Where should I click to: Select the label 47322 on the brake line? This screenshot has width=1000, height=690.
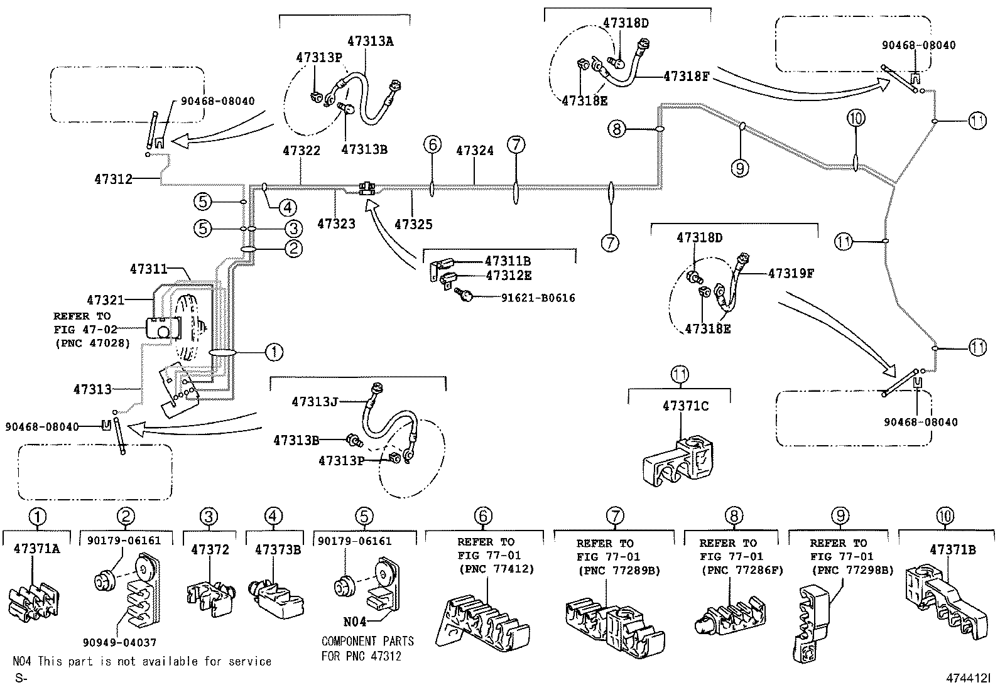click(x=301, y=151)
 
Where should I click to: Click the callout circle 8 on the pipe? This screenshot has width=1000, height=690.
click(x=617, y=129)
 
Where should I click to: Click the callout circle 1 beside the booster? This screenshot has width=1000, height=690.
click(x=274, y=352)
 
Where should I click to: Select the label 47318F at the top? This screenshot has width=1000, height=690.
click(x=686, y=77)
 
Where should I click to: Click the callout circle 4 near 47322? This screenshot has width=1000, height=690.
click(x=287, y=207)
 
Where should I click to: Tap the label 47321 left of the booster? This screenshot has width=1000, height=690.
click(x=106, y=300)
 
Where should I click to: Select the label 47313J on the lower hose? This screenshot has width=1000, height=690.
click(x=315, y=401)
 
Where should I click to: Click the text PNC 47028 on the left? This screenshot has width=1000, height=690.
click(x=92, y=343)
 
